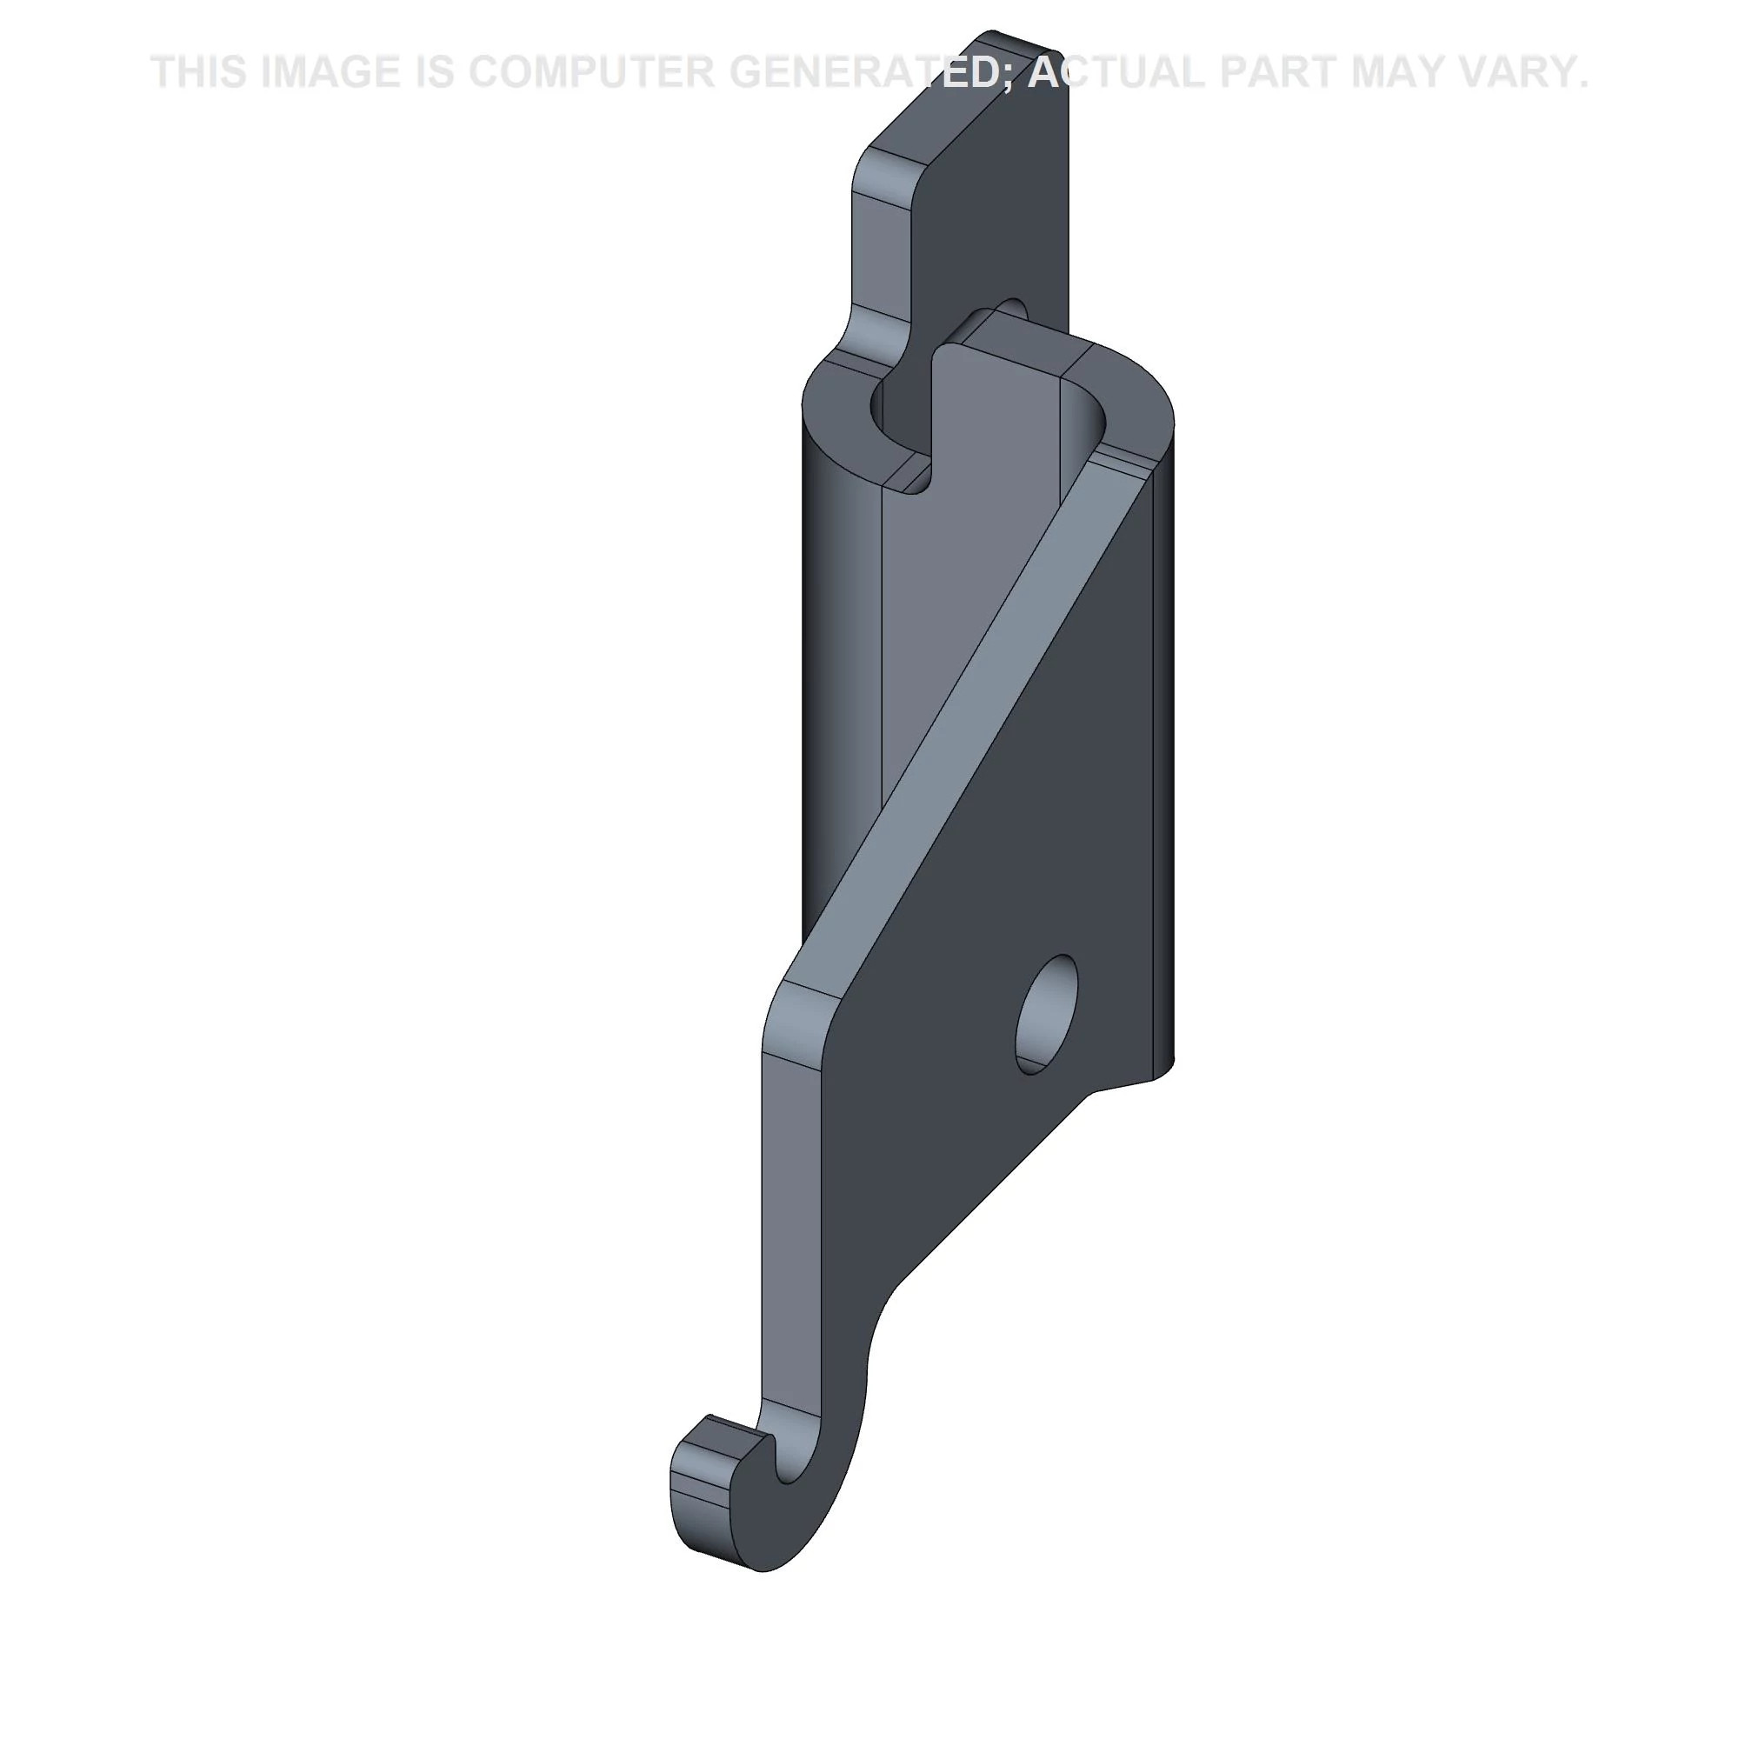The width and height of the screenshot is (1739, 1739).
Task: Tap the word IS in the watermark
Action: point(435,72)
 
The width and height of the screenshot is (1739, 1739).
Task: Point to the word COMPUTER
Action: point(591,72)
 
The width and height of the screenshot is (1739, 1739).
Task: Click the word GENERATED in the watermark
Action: point(863,72)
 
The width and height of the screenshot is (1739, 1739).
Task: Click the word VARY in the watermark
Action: point(1516,72)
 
